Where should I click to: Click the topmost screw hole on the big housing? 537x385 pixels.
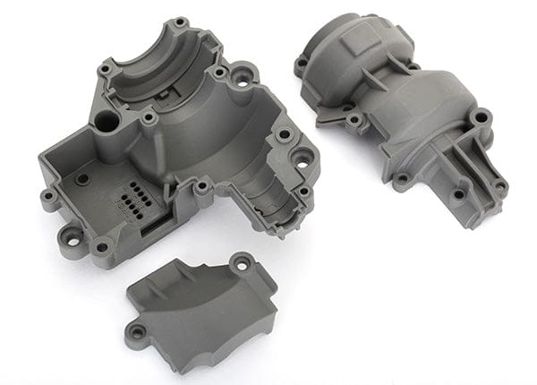pyautogui.click(x=180, y=21)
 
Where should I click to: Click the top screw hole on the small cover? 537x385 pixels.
pyautogui.click(x=240, y=262)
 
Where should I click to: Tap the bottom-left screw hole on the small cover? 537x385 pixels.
pyautogui.click(x=137, y=332)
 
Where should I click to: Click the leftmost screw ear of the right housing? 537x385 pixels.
pyautogui.click(x=302, y=63)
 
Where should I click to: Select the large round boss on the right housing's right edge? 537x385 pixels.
pyautogui.click(x=481, y=117)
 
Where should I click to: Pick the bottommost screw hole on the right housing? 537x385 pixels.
pyautogui.click(x=459, y=194)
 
